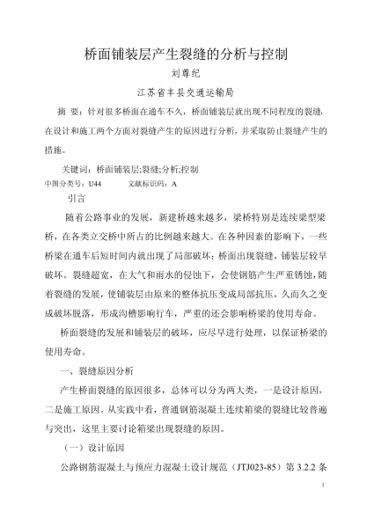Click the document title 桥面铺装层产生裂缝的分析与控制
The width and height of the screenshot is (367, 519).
(x=184, y=53)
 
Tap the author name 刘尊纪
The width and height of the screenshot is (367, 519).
(x=183, y=75)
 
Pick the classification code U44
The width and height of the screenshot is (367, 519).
(x=95, y=183)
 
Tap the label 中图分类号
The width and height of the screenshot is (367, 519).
(x=64, y=183)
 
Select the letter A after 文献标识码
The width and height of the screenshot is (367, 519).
(x=175, y=183)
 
